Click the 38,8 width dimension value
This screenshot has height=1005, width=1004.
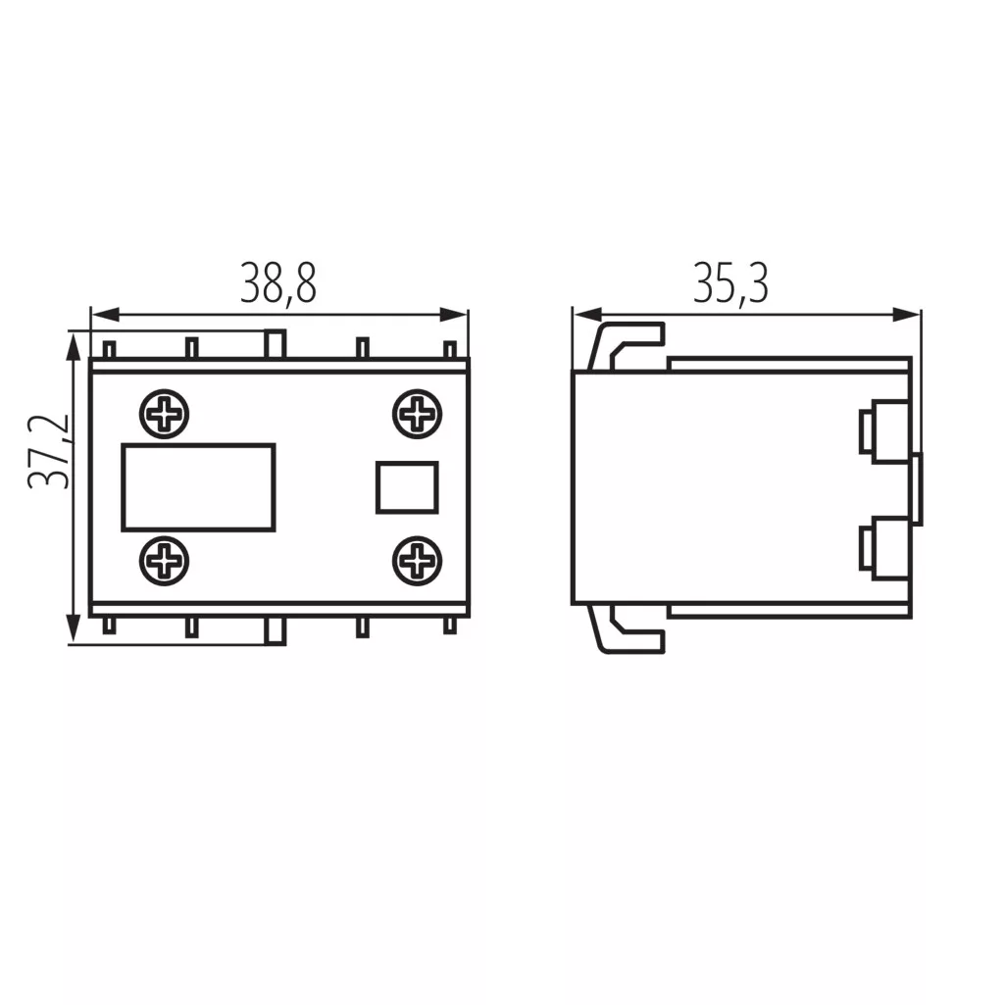coord(278,283)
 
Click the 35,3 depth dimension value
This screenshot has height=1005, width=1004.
coord(730,283)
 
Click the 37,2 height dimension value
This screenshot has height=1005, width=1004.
coord(49,451)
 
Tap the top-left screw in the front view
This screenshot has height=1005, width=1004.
coord(164,414)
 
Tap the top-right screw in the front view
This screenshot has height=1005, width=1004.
coord(418,414)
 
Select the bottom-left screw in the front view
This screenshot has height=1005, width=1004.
coord(164,561)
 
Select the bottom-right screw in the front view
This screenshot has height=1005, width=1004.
coord(418,561)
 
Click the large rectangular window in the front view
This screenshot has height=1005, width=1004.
coord(199,487)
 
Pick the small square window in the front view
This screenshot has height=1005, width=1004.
coord(407,487)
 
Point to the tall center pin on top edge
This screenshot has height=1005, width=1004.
coord(276,344)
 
